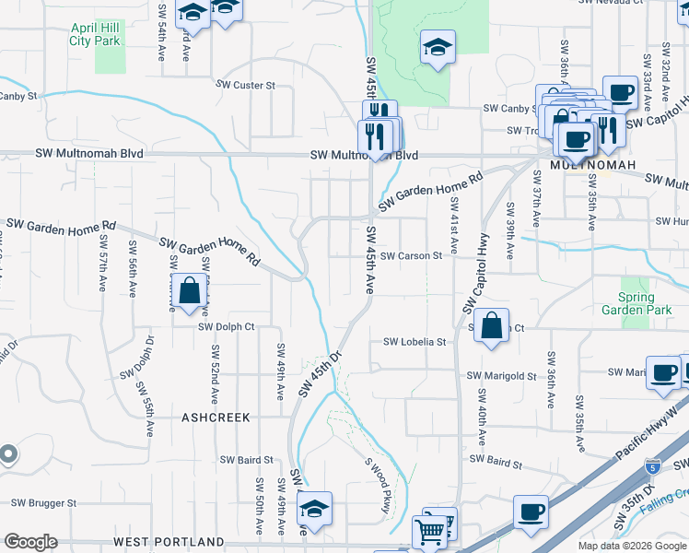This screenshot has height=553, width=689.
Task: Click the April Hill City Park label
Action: point(109,34)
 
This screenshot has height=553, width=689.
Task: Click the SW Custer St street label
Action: point(246,85)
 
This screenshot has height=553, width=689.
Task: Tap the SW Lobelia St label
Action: point(415,342)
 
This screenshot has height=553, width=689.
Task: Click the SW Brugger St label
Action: point(43,503)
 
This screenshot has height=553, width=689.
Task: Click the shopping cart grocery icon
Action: point(430,530)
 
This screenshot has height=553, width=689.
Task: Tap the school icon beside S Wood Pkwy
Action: point(315,509)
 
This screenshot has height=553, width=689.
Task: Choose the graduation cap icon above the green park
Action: point(438,47)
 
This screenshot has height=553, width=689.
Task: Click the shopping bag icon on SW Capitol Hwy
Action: point(492,324)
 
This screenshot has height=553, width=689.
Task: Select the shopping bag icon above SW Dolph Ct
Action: point(189,290)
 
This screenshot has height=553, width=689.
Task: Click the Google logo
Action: point(30,542)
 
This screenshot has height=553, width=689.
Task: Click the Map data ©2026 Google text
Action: point(631,546)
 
